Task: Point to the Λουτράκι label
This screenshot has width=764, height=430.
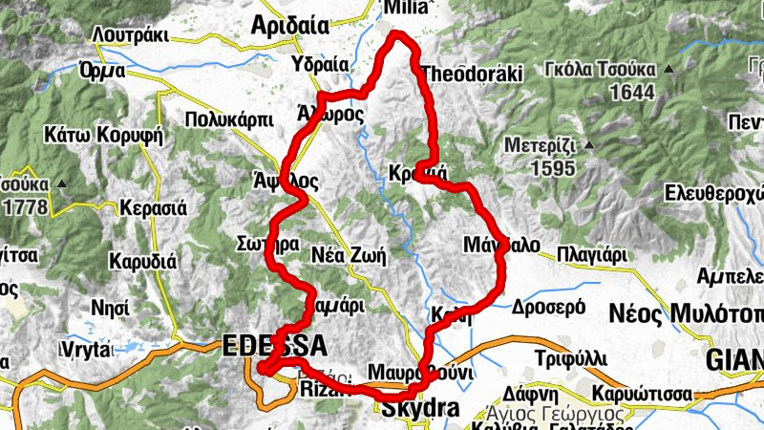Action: (x=131, y=35)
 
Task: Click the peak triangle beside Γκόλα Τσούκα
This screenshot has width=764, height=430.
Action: (x=669, y=69)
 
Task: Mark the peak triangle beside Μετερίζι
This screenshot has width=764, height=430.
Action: (x=589, y=145)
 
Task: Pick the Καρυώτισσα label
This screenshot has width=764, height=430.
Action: (x=639, y=394)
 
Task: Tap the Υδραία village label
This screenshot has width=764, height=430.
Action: (x=319, y=65)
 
